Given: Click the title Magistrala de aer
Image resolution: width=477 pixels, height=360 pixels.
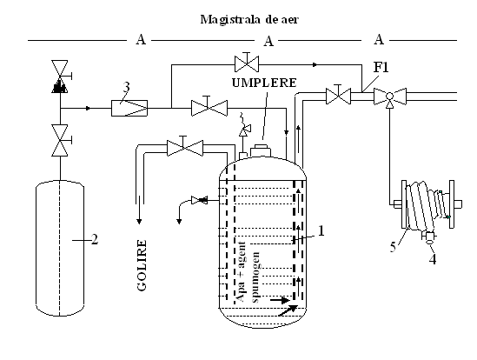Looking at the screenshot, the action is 249,19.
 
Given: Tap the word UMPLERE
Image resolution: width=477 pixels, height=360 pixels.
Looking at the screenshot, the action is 264,83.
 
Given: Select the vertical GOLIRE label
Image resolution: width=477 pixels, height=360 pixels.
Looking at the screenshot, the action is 142,265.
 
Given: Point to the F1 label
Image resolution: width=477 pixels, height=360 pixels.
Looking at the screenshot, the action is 381,67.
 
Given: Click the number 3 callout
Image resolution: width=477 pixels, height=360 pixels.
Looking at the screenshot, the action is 126,88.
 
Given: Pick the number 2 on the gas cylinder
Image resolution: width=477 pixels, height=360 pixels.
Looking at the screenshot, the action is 95,240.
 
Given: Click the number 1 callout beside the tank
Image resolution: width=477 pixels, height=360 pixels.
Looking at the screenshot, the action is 321,230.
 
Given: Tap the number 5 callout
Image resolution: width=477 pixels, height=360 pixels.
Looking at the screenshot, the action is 393,247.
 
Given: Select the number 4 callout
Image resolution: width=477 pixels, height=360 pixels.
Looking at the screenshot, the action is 433,259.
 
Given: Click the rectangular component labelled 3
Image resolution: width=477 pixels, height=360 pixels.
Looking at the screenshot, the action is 129,108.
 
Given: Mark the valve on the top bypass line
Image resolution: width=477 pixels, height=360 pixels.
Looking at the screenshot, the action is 247,63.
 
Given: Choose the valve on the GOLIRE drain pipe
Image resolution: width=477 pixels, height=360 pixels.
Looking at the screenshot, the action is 185,148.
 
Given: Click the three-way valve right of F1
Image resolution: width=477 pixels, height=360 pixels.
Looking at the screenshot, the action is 390,97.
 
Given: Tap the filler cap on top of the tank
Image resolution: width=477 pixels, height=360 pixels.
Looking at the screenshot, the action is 261,150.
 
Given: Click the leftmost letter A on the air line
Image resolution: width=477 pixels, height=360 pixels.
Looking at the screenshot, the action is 141,40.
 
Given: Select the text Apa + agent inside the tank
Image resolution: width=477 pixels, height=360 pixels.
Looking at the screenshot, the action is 241,271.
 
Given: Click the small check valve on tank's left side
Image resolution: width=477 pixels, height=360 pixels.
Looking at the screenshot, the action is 199,200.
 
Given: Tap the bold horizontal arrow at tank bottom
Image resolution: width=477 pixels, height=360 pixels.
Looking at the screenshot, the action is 280,301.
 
